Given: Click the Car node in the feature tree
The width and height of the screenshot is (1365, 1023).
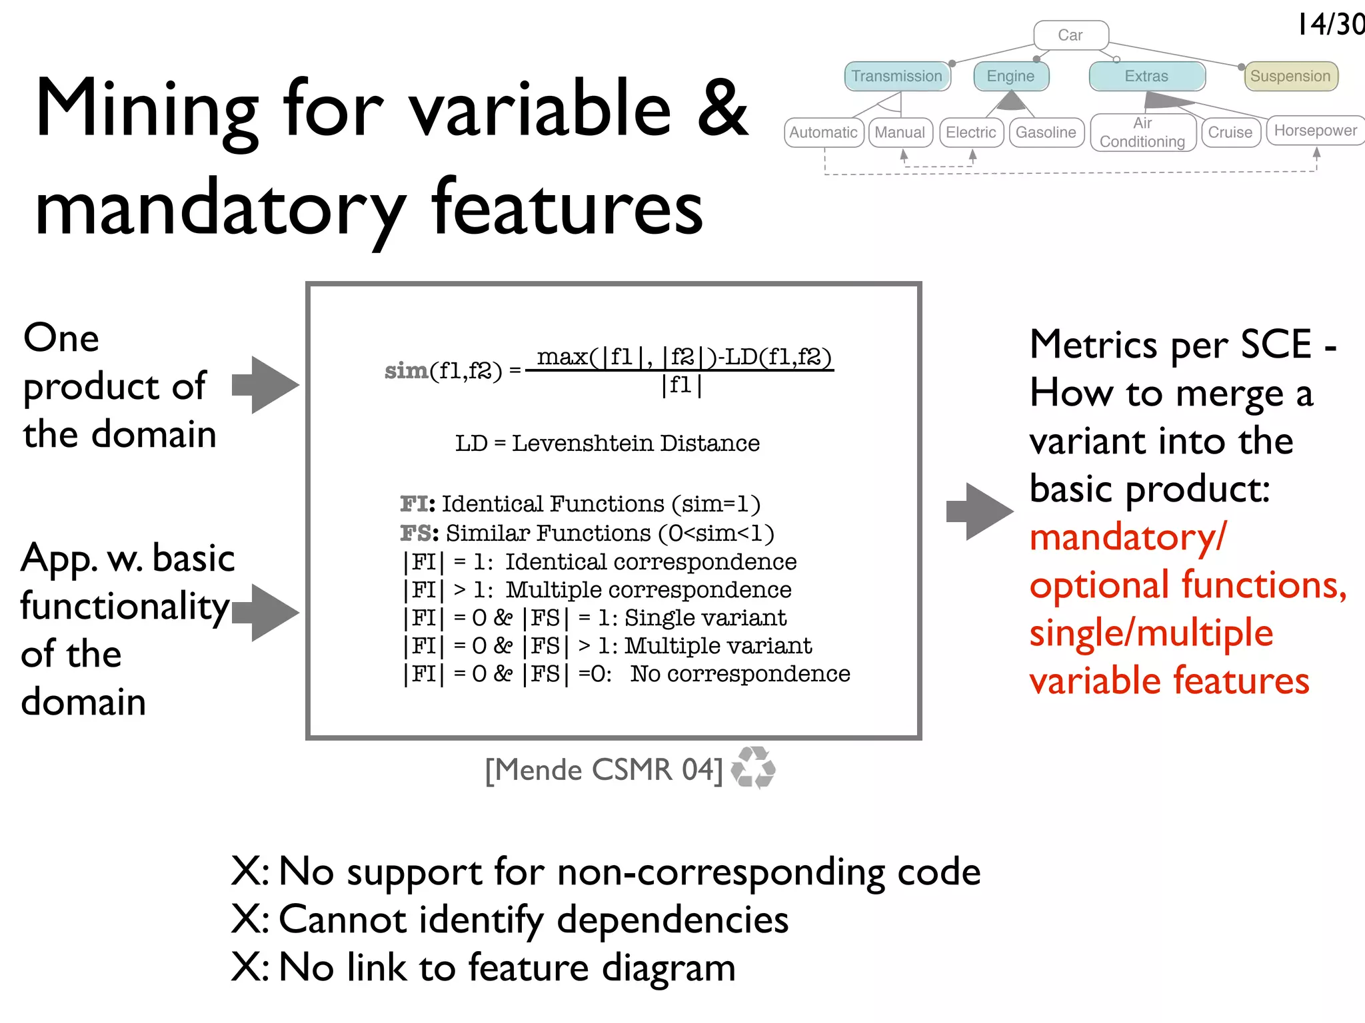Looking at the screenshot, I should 1070,35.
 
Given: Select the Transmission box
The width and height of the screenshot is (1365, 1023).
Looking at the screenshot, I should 896,76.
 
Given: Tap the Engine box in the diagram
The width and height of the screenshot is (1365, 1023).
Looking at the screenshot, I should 1010,76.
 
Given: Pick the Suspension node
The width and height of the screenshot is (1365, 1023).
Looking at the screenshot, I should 1290,76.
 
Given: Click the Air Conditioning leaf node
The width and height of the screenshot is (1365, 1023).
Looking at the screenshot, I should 1142,133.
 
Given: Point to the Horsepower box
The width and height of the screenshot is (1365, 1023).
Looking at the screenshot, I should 1315,131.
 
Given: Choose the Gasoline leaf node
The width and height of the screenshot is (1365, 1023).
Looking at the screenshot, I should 1046,133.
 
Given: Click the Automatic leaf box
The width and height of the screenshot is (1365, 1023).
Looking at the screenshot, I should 823,133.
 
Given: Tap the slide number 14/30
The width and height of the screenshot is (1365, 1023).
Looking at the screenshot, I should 1330,25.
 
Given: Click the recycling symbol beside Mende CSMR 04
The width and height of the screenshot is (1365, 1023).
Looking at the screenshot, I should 753,768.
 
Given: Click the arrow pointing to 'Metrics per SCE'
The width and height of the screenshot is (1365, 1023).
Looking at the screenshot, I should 979,511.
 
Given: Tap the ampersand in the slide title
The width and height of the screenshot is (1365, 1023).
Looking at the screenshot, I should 722,109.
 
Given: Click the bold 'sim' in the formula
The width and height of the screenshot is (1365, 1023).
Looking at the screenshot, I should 406,370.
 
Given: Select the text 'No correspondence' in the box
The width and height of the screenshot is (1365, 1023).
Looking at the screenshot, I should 740,674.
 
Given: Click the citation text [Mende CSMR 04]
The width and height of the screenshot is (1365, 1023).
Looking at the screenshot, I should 604,770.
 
